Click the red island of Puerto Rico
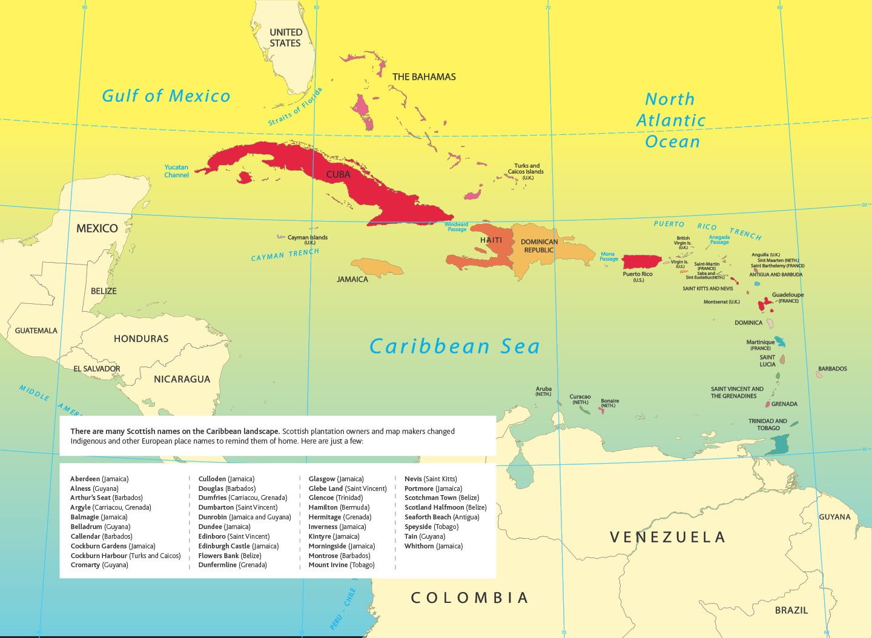coord(641,261)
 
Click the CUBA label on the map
coord(338,174)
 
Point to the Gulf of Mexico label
coord(166,96)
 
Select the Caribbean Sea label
coord(454,346)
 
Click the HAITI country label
coord(491,240)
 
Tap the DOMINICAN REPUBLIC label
coord(539,246)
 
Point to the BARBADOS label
coord(832,369)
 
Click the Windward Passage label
coord(457,227)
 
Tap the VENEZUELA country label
coord(667,537)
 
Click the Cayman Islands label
coord(308,239)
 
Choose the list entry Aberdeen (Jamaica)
coord(99,479)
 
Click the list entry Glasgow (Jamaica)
coord(335,479)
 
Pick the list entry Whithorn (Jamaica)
coord(433,546)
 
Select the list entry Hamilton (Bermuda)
coord(339,507)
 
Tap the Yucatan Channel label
coord(176,171)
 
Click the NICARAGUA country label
coord(182,380)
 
